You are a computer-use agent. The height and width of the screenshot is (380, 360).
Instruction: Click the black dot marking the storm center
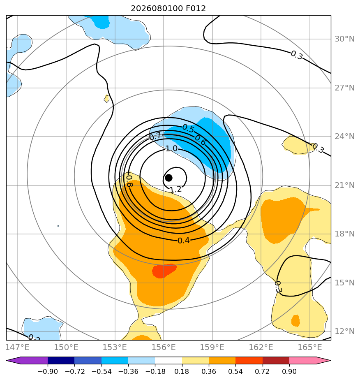coord(168,178)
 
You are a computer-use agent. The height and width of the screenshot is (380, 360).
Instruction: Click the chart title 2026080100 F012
coord(168,9)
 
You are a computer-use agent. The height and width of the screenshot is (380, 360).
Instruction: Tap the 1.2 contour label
coord(175,189)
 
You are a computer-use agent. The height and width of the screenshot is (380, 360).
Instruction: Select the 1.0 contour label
coord(171,148)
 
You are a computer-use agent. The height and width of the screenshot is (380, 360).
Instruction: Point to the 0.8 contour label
coord(129,181)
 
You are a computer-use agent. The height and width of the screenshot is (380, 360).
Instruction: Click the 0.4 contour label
coord(184,241)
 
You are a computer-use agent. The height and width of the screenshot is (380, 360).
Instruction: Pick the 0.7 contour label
coord(155,136)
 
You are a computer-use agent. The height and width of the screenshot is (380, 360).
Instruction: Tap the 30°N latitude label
coord(344,39)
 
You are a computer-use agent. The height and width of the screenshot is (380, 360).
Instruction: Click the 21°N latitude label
coord(344,185)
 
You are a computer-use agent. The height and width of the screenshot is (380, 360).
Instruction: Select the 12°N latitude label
coord(344,331)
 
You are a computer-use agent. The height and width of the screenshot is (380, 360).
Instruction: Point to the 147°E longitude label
coord(17,347)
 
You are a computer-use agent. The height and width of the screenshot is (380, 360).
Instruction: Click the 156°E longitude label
coord(164,347)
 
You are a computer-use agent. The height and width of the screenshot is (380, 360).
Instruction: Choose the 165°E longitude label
coord(310,347)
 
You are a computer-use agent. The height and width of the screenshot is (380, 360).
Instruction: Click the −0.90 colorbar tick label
coord(48,371)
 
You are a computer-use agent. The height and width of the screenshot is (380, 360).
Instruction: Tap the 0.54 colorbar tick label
coord(235,371)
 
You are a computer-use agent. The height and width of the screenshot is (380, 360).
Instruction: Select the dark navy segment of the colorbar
coord(61,361)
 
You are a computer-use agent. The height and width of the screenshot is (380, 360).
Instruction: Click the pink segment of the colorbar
coord(302,361)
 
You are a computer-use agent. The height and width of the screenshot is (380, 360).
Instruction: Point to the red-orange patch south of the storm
coord(164,271)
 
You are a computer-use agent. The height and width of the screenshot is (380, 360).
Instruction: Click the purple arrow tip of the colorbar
coord(7,361)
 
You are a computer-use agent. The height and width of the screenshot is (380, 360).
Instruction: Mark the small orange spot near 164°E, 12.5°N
coord(295,321)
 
